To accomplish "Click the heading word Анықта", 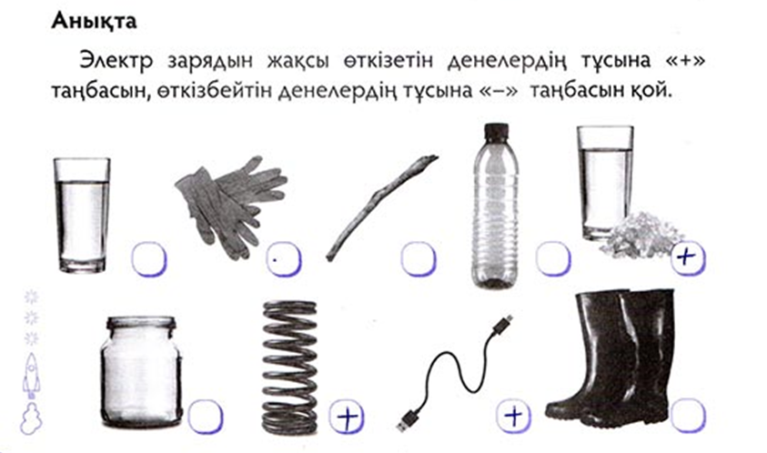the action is (94, 21).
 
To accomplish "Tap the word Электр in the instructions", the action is (116, 61).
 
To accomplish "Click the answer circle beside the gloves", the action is (284, 258).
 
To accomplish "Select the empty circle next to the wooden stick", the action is (419, 258).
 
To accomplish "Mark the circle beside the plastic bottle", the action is (553, 258).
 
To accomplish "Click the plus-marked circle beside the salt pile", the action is (688, 257).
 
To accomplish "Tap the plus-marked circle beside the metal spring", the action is (347, 417).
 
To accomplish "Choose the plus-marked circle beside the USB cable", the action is (514, 417).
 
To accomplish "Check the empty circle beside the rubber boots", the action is (688, 416).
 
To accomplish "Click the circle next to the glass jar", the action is (206, 417).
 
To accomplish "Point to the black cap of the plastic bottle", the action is (497, 131).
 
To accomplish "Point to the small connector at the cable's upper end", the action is (503, 323).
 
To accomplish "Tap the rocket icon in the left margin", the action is (31, 376).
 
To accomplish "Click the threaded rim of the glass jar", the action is (141, 324).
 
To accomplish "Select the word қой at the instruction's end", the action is (648, 90).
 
